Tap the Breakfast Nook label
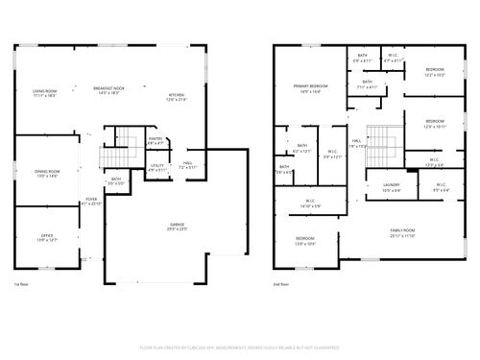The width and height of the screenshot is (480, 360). tap(112, 90)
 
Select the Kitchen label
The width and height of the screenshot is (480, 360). tap(177, 96)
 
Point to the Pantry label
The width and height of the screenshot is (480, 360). tap(155, 141)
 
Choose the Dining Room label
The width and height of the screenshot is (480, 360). tap(46, 173)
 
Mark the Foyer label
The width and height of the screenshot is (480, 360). tap(89, 201)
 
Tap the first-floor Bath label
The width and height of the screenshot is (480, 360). tap(115, 180)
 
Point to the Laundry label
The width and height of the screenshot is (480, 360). tap(391, 188)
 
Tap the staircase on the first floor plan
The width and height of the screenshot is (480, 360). tap(114, 154)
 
